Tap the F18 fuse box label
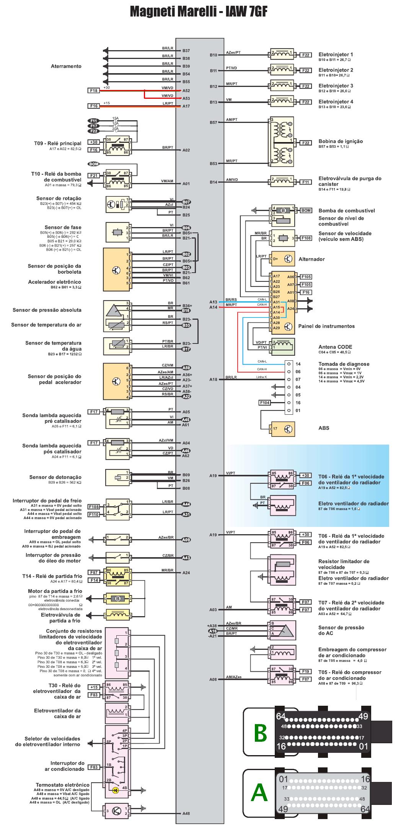point(93,90)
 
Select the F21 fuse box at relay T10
point(93,175)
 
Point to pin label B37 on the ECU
point(186,51)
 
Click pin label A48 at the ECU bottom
point(186,813)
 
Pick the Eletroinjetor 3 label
point(336,86)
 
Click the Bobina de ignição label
point(341,141)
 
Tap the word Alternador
point(311,259)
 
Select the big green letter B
point(260,733)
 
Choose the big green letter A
point(259,793)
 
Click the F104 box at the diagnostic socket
point(264,402)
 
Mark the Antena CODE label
point(335,347)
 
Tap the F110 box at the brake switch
point(94,515)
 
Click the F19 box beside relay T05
point(306,671)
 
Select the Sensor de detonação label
point(55,477)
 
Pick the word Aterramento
point(66,66)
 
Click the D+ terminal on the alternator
point(276,259)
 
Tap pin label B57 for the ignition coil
point(213,123)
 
